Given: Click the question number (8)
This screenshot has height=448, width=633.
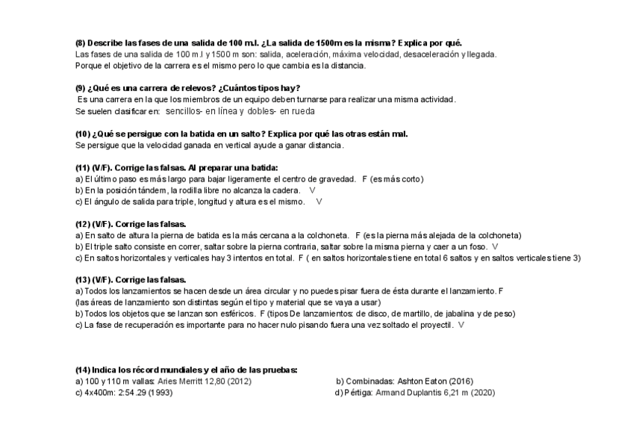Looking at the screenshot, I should (x=81, y=43).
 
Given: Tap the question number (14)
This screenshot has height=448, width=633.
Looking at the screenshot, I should (x=83, y=370).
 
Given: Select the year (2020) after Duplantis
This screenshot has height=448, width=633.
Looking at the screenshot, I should (x=484, y=393).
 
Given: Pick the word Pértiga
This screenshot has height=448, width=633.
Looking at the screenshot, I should (x=356, y=393).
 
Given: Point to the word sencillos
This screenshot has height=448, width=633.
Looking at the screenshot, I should (x=184, y=111).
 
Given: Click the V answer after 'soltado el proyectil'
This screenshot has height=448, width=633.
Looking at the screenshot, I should (x=461, y=326).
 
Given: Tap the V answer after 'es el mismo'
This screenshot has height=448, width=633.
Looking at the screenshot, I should (x=319, y=202).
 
